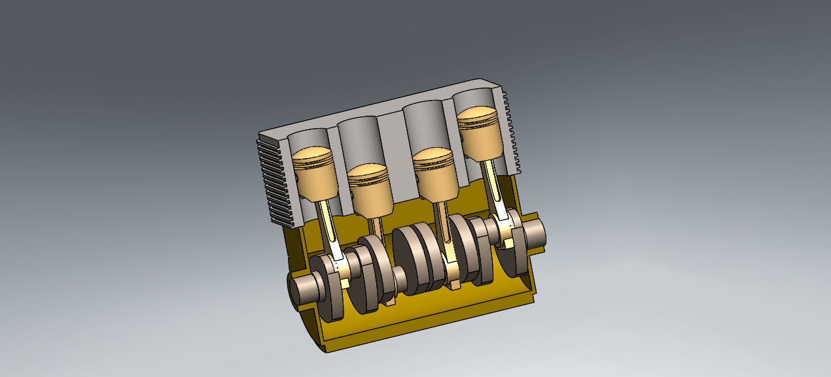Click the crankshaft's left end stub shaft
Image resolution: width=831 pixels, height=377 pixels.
(x=303, y=287)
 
